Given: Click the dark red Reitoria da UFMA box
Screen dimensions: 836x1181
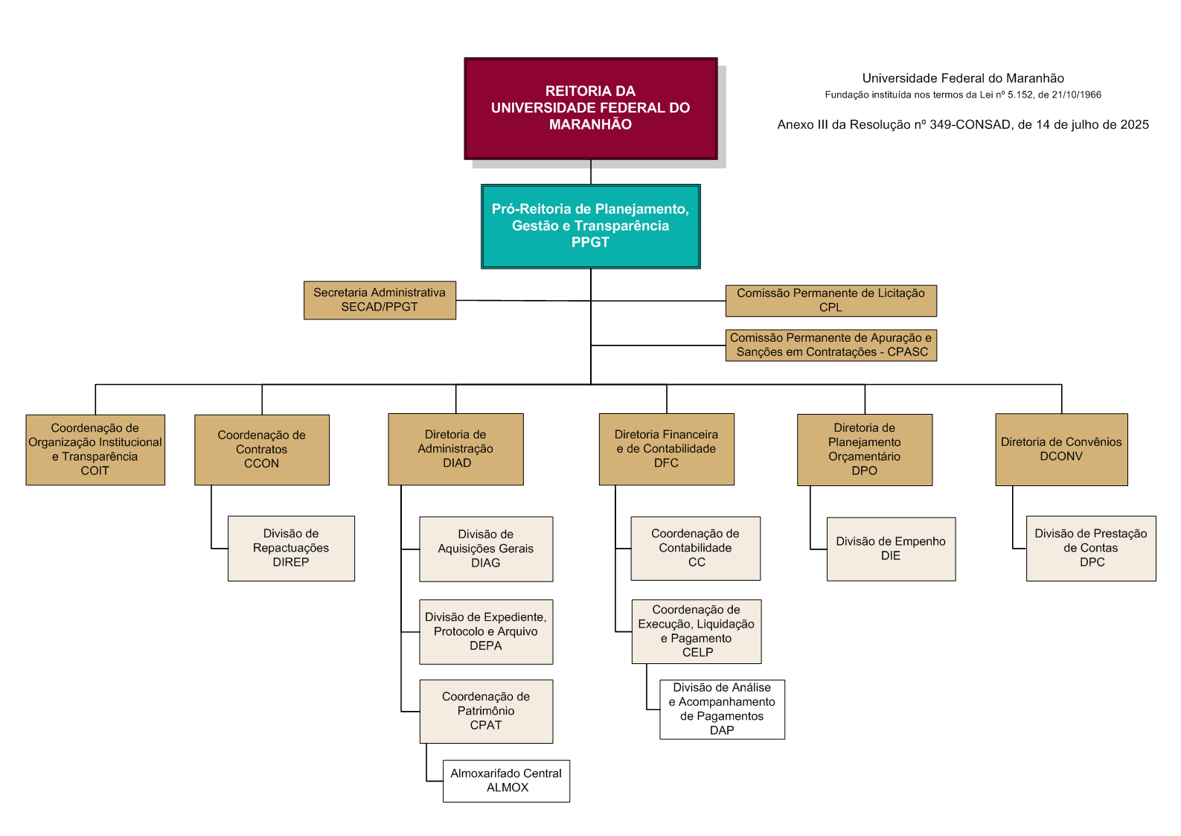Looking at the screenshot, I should (x=591, y=108).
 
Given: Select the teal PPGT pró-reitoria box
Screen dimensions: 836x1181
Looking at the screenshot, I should (x=591, y=226).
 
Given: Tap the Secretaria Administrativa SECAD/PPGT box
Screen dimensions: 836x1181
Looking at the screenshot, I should (x=380, y=300).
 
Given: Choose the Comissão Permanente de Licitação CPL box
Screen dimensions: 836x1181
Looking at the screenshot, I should (x=830, y=301).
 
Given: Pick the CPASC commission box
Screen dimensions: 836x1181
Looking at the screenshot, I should (x=830, y=345).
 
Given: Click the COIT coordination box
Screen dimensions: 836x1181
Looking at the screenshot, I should (x=95, y=450).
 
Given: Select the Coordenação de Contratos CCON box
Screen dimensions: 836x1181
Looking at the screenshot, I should (x=262, y=450).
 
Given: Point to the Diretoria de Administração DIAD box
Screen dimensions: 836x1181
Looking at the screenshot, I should (x=455, y=449).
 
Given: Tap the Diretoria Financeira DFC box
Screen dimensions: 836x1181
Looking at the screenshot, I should (x=666, y=449).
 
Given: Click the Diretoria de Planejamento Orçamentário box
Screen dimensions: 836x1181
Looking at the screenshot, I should (x=865, y=450).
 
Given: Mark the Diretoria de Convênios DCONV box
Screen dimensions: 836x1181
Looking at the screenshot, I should (x=1061, y=450).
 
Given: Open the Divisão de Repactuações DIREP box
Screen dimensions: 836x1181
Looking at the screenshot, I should (x=291, y=548).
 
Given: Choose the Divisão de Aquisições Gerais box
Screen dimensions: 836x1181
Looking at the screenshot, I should (x=486, y=549).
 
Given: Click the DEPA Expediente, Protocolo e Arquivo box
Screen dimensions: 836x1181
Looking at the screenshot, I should (x=486, y=631).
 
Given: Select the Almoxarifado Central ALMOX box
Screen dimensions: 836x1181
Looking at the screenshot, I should (x=506, y=780).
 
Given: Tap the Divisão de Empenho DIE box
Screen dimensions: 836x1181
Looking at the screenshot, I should (x=891, y=549).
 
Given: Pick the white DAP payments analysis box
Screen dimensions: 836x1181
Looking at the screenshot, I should (x=722, y=709).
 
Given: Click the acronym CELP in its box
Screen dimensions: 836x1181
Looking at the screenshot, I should (x=698, y=653).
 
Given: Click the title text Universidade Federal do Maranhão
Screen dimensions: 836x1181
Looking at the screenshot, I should (x=962, y=78).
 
